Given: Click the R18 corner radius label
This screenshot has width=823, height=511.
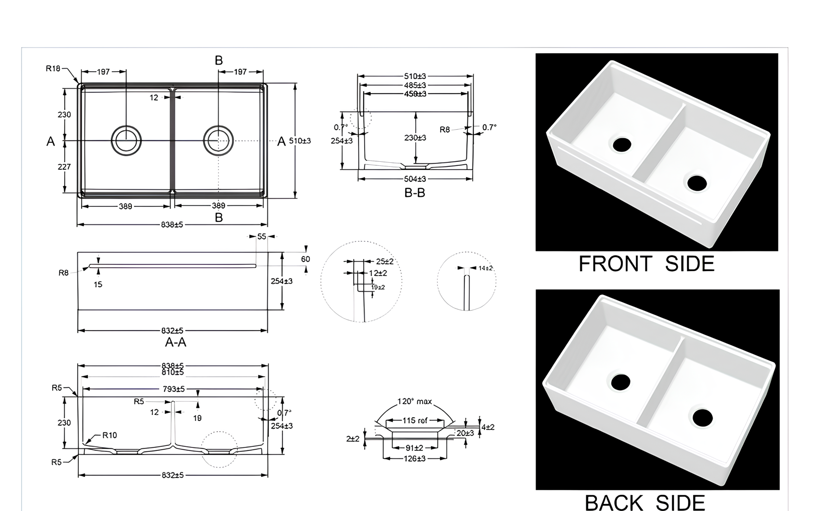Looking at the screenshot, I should coord(53,69).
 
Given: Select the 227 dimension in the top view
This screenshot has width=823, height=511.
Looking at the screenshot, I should coord(64,167).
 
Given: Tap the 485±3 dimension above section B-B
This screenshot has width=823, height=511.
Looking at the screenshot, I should coord(415,85).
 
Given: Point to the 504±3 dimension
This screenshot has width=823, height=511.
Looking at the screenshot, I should coord(415,179).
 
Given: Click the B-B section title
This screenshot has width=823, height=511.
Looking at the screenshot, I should coord(415,193).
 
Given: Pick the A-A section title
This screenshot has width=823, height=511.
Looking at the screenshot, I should coord(176,342).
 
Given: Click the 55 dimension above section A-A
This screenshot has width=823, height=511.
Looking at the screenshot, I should coord(261,236).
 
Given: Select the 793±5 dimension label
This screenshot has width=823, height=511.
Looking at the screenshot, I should coord(174,389).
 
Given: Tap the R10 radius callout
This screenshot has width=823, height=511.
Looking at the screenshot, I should coord(109,435).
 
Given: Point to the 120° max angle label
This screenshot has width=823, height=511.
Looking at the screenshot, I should coord(414,401).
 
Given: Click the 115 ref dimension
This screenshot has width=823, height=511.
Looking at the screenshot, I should coord(415,420).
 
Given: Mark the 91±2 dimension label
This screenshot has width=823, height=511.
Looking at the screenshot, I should coord(414,448).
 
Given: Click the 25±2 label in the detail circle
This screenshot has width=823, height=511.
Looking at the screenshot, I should coord(385,262).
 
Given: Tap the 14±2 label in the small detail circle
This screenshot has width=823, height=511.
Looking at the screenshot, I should coord(485,268).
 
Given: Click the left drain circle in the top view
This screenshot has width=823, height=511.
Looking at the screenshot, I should coord(126,140).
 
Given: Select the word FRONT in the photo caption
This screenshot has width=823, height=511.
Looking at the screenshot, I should coord(615,264).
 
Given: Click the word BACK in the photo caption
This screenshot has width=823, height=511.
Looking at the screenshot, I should coord(614,502).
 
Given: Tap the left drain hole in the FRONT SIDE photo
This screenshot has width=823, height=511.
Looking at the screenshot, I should coord(622,144).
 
